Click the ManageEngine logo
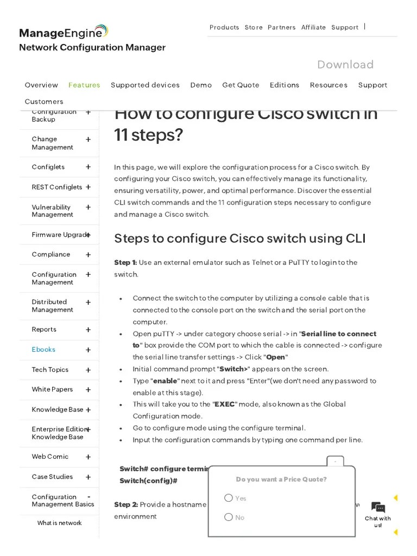[x=64, y=33]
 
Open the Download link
[x=345, y=65]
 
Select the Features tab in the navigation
[x=84, y=85]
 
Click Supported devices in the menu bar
[x=145, y=85]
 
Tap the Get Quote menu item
[x=241, y=85]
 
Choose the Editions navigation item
[x=285, y=85]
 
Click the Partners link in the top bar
[x=281, y=27]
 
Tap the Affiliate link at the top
[x=313, y=27]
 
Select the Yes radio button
[x=229, y=498]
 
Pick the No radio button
[x=229, y=517]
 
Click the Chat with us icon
[x=378, y=508]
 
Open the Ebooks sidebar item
[x=43, y=350]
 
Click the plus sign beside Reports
[x=88, y=330]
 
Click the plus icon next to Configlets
[x=88, y=167]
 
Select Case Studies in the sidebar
[x=52, y=477]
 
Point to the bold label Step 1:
[x=125, y=263]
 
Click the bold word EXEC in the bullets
[x=225, y=405]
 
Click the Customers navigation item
[x=44, y=102]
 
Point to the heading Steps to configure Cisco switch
[x=239, y=238]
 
